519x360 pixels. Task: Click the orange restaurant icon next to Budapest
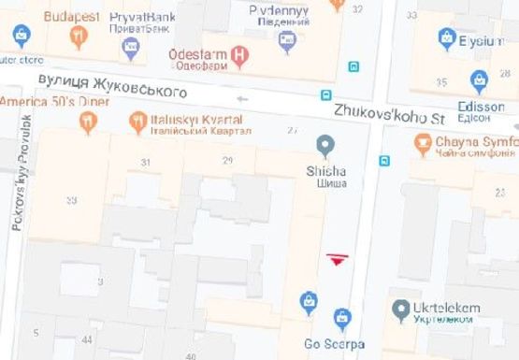79,37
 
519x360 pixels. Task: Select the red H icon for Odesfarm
239,55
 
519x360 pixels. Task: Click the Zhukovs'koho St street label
390,114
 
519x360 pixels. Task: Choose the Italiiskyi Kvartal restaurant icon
138,122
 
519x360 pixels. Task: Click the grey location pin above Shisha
325,145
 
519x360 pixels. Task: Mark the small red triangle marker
336,258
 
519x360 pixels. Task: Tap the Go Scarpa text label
333,344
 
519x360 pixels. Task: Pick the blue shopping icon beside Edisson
480,82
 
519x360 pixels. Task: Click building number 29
227,161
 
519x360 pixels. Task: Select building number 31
145,163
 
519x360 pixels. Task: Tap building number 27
293,129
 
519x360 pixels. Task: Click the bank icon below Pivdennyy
287,39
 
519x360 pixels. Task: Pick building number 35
441,82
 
